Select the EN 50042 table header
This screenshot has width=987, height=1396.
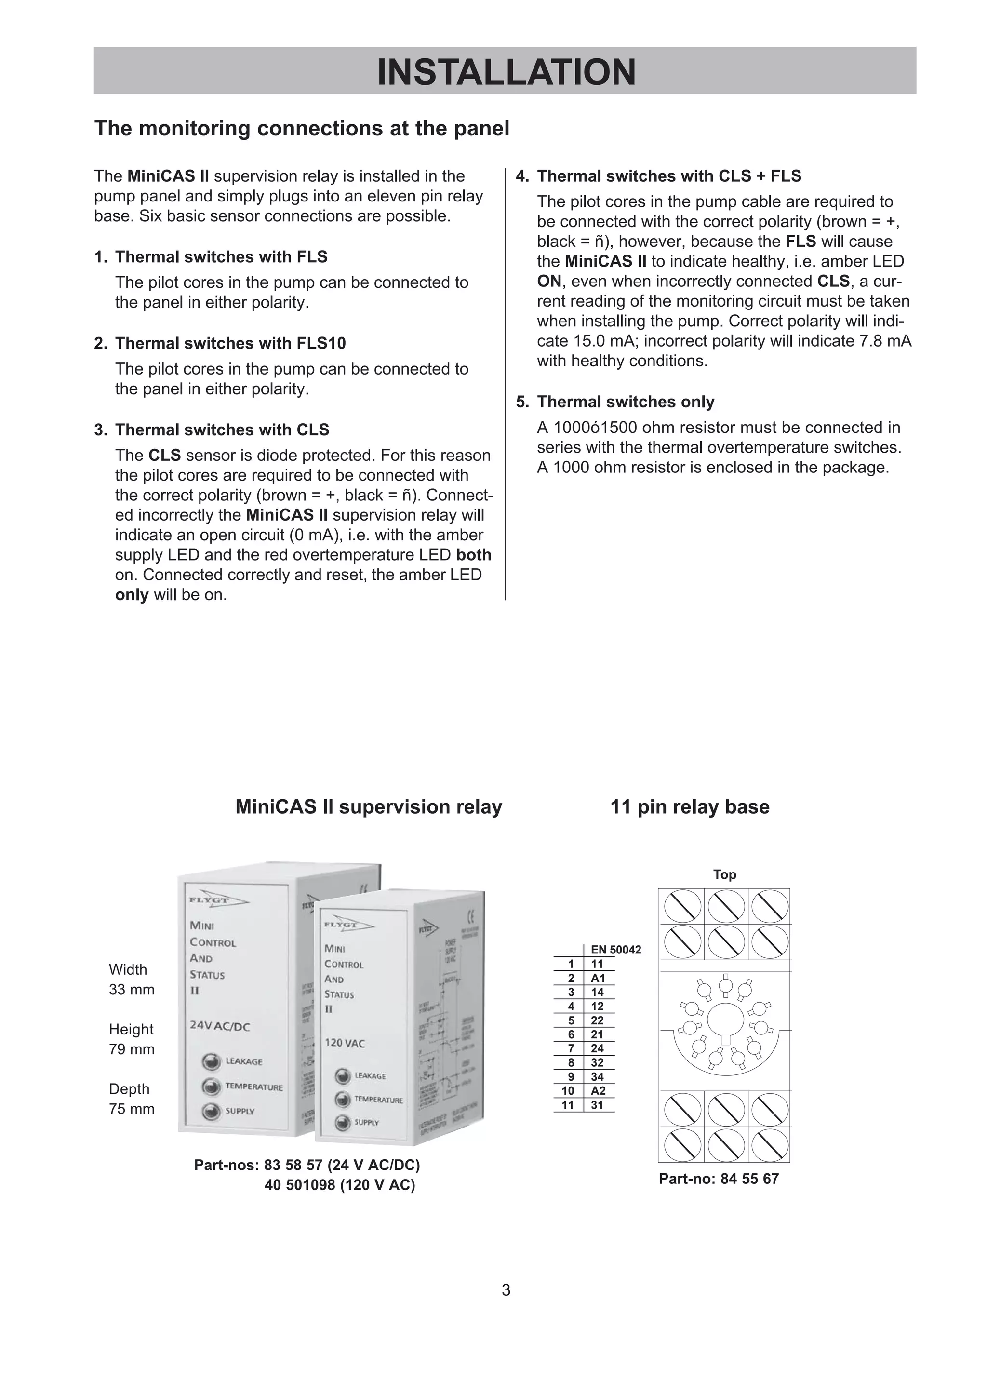(x=615, y=950)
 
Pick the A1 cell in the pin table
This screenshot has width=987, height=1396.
(x=598, y=978)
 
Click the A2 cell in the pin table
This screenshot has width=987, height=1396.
(x=598, y=1091)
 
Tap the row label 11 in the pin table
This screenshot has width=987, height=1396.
(x=568, y=1105)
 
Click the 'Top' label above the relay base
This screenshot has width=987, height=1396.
(x=724, y=874)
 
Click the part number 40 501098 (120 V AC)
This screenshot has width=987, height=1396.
(x=339, y=1185)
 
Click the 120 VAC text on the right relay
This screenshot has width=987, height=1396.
(x=345, y=1043)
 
